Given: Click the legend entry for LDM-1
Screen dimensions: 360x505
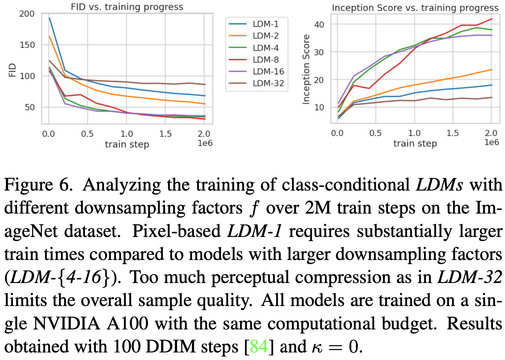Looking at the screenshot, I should pos(265,24).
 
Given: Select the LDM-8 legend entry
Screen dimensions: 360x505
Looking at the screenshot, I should pos(265,60).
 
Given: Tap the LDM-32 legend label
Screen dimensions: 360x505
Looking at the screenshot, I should pos(268,83).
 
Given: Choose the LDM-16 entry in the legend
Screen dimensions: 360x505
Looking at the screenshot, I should pos(268,72).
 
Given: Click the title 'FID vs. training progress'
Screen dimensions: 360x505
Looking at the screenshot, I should pos(127,7).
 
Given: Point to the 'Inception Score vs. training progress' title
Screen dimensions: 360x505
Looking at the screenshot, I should pos(415,8).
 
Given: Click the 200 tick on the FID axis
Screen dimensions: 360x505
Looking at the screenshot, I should pos(27,14).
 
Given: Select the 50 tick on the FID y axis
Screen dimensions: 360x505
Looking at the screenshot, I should pos(29,108).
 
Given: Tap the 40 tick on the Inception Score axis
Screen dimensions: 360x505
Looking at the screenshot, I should pos(319,25).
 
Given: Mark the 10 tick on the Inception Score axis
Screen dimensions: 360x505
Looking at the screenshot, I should pos(319,108).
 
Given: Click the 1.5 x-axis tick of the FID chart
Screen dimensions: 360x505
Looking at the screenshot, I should pos(165,134).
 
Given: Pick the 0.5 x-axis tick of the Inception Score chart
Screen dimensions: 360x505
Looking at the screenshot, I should pos(375,133).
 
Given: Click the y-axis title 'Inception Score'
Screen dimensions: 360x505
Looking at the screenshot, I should pos(306,69).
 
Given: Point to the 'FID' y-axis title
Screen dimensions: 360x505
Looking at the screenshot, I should pos(12,70).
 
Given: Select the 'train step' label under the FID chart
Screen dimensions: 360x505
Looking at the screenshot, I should pos(127,145).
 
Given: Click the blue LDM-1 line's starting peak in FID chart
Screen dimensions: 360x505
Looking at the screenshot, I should pos(49,18).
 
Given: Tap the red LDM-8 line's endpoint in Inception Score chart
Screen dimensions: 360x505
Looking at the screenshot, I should pos(491,19).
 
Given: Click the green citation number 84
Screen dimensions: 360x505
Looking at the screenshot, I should pos(259,346).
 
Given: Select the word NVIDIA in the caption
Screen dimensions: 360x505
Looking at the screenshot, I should pos(67,324).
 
